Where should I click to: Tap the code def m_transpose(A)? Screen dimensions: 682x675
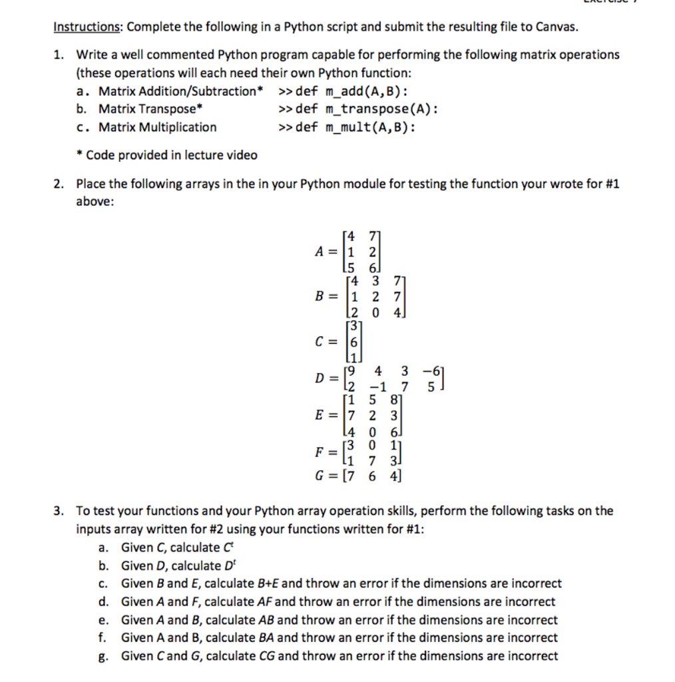[x=367, y=109]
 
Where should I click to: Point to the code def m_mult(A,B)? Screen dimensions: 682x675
[x=355, y=127]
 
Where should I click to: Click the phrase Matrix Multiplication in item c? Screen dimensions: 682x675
[x=158, y=127]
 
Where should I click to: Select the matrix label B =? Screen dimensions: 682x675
[x=330, y=295]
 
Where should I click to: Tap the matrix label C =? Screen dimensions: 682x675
[x=330, y=339]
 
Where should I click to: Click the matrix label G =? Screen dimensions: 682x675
[x=329, y=476]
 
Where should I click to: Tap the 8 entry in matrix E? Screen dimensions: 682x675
[x=393, y=401]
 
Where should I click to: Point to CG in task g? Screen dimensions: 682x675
[x=266, y=656]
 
